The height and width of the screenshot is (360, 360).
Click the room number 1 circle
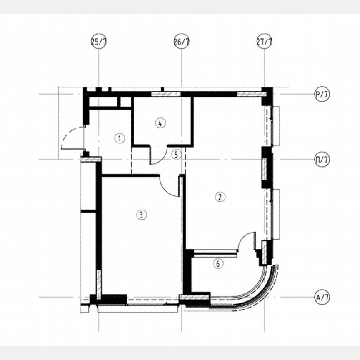click(x=120, y=138)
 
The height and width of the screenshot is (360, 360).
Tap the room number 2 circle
click(x=219, y=197)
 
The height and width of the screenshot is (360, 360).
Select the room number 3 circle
click(x=142, y=215)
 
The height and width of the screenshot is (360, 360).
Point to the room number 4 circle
click(x=161, y=122)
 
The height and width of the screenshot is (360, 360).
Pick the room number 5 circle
click(x=176, y=155)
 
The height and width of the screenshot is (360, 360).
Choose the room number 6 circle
click(x=219, y=263)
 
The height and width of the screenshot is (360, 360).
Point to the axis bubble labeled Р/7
click(x=322, y=95)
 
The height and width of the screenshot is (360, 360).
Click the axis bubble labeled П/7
click(x=322, y=160)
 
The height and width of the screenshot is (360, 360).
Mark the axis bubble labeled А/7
click(x=322, y=297)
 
